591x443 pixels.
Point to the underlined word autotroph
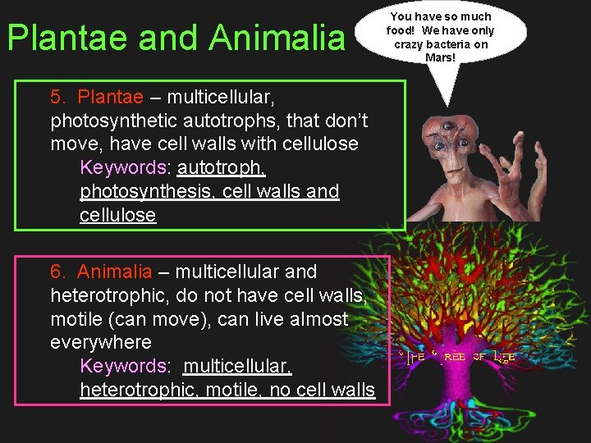pos(221,167)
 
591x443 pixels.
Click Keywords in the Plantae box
pos(123,167)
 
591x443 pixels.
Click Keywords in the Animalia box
pos(123,366)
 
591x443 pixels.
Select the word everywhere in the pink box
pos(101,341)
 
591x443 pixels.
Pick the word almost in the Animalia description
pos(315,318)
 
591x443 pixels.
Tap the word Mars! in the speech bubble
pos(440,57)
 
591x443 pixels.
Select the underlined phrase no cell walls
pos(323,390)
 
